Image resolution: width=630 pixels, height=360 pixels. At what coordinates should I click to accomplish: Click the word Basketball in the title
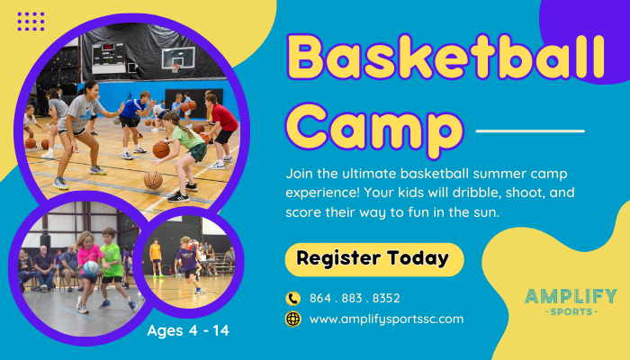pos(445,57)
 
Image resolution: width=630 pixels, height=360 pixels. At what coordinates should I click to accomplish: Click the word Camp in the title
pos(374,130)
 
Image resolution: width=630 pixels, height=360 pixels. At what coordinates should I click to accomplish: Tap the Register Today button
pos(374,259)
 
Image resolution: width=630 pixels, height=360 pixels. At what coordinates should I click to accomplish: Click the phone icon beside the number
pos(292,299)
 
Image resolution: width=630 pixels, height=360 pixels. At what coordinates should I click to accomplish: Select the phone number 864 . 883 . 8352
pos(355,298)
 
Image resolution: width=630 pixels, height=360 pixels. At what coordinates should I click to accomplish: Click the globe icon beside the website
pos(292,319)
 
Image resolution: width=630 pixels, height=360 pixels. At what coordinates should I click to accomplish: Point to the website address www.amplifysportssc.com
pos(386,319)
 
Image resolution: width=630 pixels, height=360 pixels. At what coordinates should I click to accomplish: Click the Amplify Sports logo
pos(571,301)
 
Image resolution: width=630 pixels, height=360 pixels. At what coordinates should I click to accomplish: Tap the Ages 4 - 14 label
pos(188,330)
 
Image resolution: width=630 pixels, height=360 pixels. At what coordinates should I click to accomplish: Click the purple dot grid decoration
pos(31,22)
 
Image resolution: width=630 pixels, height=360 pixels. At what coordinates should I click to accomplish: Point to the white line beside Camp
pos(530,131)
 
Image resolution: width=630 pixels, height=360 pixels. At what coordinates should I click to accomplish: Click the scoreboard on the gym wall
pos(109,58)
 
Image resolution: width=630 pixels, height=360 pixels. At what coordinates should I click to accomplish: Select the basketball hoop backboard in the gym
pos(178,58)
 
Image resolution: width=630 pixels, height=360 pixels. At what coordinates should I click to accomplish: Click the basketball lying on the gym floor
pos(153,180)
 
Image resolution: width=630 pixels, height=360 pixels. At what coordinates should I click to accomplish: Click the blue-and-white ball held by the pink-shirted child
pos(91,268)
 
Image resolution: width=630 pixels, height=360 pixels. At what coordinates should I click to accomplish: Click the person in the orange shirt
pos(156,258)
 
